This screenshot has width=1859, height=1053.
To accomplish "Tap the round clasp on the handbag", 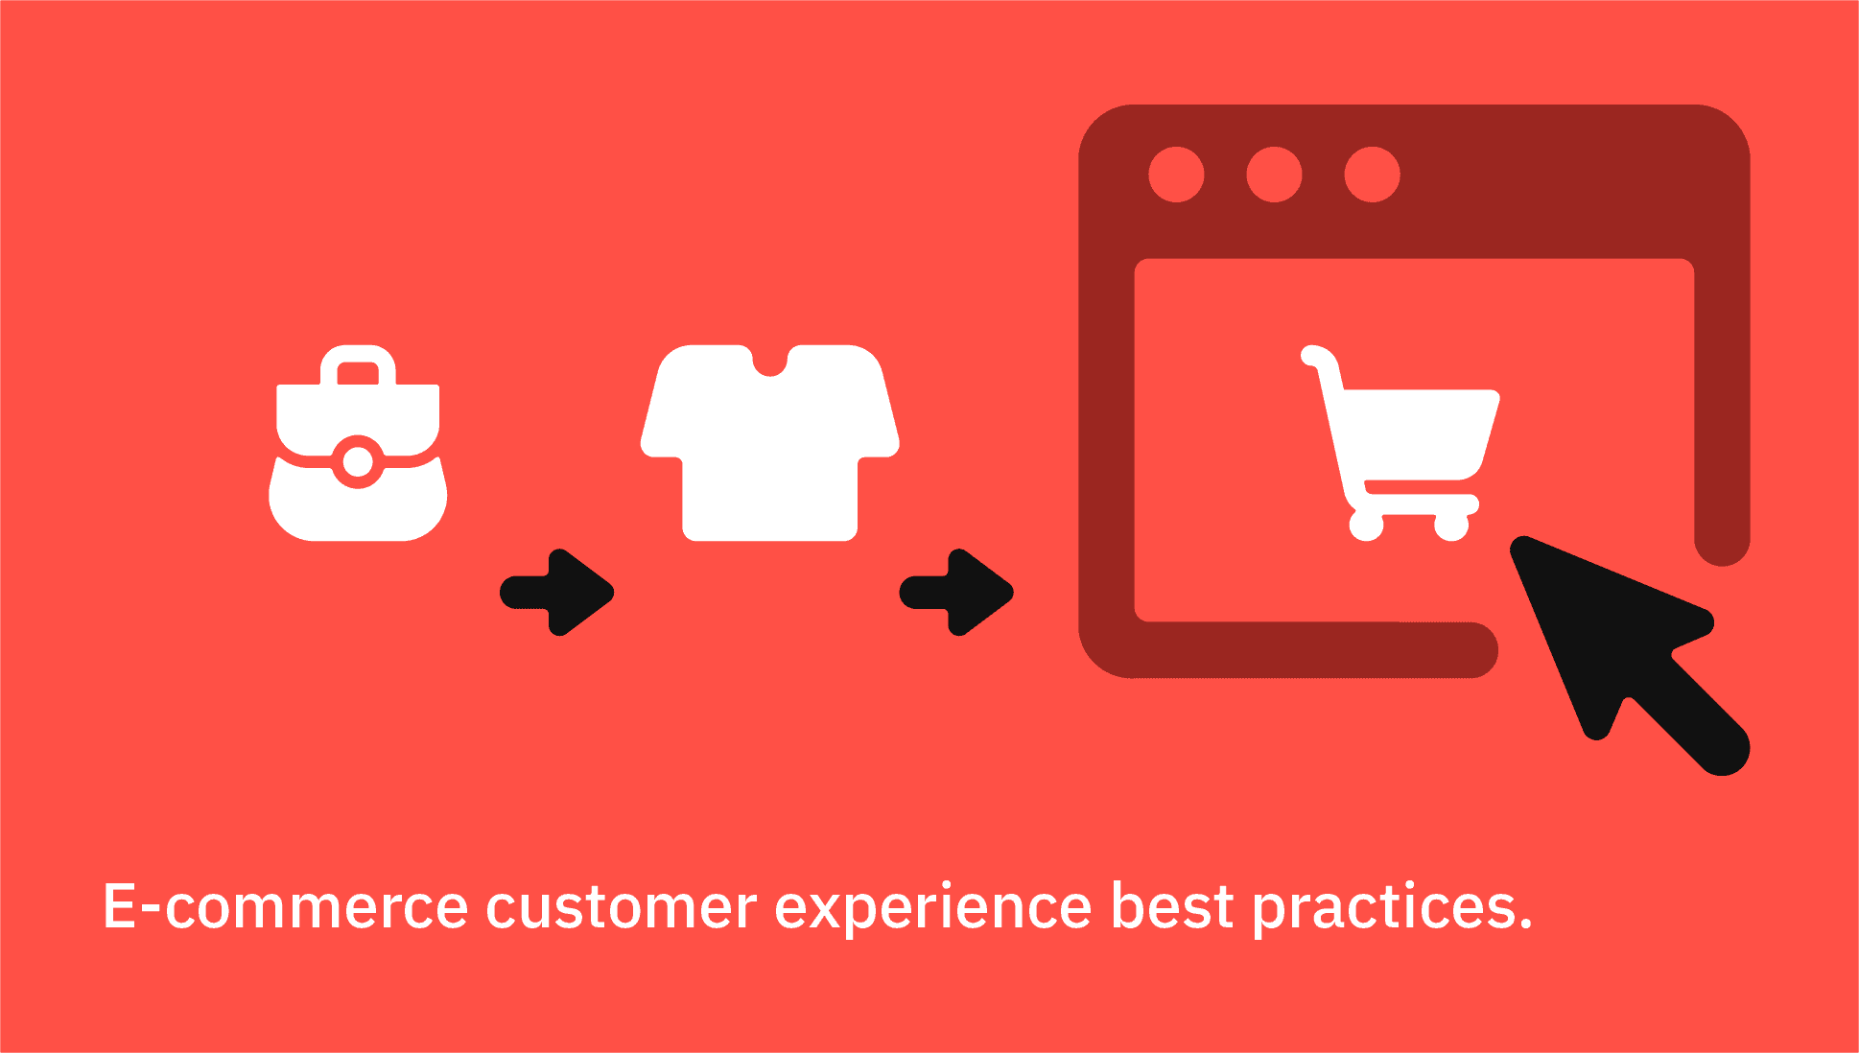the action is pos(358,462).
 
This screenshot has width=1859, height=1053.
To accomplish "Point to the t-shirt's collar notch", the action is pos(770,363).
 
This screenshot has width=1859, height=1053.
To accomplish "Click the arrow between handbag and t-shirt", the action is pos(557,593).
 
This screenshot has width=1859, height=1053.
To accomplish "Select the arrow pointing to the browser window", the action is pos(956,593).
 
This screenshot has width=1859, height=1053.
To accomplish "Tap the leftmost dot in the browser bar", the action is pos(1176,175).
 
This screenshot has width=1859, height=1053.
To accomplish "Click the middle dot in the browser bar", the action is pos(1274,175).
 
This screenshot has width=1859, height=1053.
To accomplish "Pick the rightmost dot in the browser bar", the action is pos(1372,175).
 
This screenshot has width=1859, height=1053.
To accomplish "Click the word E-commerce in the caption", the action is pos(285,906).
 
